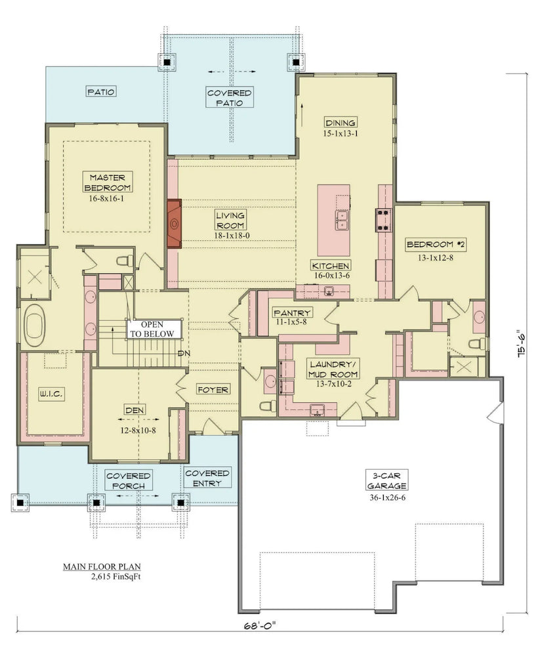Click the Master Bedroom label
tap(108, 182)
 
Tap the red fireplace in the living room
tap(175, 224)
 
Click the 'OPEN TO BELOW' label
tap(155, 329)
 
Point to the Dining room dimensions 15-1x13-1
tap(340, 133)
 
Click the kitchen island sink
tap(342, 220)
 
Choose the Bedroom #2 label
tap(436, 245)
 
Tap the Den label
tap(134, 410)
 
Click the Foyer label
tap(213, 390)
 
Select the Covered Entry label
tap(207, 478)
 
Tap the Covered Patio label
tap(230, 98)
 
